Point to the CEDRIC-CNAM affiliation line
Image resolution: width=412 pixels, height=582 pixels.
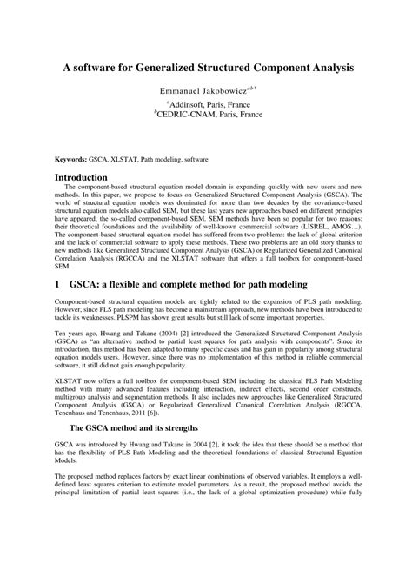pos(206,114)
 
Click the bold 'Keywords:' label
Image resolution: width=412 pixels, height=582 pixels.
pos(72,161)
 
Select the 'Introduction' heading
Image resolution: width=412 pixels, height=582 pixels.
pos(82,178)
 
